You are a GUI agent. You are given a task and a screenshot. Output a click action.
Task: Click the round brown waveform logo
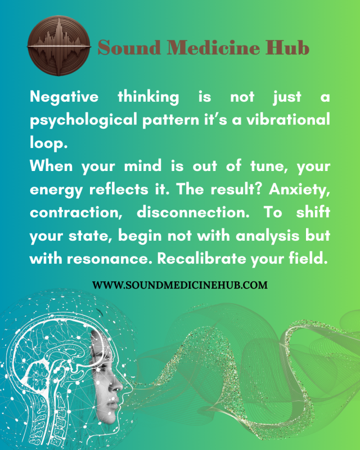59,46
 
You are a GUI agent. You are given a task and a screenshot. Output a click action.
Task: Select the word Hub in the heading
287,47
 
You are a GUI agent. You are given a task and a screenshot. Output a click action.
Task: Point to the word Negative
64,97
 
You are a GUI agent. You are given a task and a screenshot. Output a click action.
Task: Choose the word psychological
83,120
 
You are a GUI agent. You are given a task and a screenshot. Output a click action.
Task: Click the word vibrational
288,119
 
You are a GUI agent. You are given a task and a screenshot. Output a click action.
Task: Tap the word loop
48,143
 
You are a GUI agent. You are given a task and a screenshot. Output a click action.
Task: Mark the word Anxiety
299,190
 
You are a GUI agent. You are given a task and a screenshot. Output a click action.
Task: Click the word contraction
76,213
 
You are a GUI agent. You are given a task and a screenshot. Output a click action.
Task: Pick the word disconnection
193,213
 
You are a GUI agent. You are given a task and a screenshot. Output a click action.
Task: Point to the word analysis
268,236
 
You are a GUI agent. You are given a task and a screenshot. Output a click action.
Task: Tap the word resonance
110,259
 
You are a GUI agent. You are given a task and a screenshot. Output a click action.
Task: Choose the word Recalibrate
201,259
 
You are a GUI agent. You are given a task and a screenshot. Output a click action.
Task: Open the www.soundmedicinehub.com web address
180,285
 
